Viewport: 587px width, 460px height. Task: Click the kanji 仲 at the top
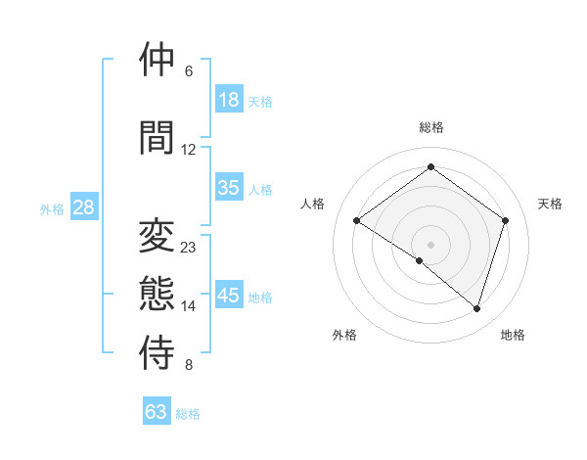pyautogui.click(x=158, y=60)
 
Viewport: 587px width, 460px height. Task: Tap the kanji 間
pyautogui.click(x=158, y=137)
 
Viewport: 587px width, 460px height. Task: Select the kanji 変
pyautogui.click(x=158, y=236)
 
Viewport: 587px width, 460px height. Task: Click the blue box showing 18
pyautogui.click(x=229, y=100)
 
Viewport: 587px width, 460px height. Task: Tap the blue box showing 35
pyautogui.click(x=229, y=188)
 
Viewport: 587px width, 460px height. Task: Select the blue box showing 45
pyautogui.click(x=229, y=296)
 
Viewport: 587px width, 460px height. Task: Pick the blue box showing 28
pyautogui.click(x=83, y=207)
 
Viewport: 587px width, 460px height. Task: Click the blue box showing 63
pyautogui.click(x=157, y=412)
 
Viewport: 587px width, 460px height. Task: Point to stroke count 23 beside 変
pyautogui.click(x=189, y=248)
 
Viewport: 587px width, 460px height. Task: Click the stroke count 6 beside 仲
pyautogui.click(x=189, y=71)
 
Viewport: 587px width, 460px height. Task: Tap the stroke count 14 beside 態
pyautogui.click(x=189, y=306)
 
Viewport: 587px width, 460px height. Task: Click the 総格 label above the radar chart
pyautogui.click(x=430, y=127)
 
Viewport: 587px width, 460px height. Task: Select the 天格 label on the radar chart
pyautogui.click(x=551, y=204)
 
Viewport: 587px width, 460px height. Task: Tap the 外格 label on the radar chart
pyautogui.click(x=344, y=336)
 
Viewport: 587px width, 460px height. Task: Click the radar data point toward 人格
pyautogui.click(x=356, y=221)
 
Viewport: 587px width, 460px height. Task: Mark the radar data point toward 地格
pyautogui.click(x=476, y=308)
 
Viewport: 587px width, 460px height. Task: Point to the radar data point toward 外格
pyautogui.click(x=420, y=260)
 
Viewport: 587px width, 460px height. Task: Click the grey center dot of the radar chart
pyautogui.click(x=430, y=244)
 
